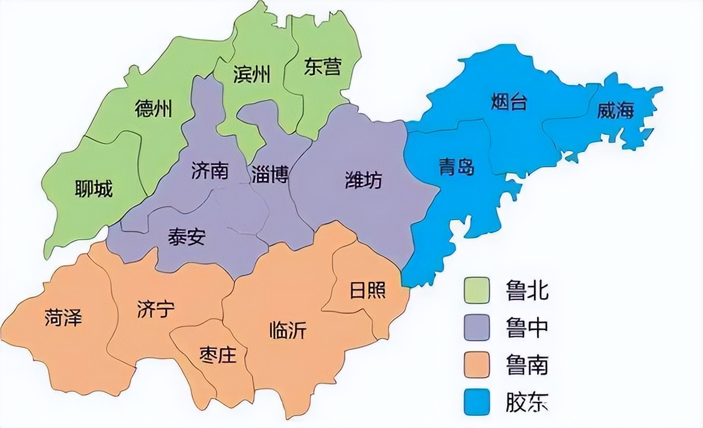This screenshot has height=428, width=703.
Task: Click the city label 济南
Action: [210, 171]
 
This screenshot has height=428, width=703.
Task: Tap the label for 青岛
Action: [456, 166]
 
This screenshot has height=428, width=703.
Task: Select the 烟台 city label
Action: [509, 102]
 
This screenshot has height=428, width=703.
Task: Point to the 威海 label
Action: [616, 111]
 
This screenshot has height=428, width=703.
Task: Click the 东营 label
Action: [322, 67]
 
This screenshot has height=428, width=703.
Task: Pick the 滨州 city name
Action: [252, 75]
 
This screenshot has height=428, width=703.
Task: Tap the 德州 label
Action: [153, 109]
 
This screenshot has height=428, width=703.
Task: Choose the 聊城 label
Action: [93, 189]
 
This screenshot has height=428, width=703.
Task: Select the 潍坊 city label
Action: [363, 180]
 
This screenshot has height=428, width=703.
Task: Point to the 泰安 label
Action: [187, 237]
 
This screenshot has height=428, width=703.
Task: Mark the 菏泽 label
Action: [63, 318]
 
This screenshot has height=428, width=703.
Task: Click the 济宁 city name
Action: [156, 310]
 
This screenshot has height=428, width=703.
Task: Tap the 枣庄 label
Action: [217, 355]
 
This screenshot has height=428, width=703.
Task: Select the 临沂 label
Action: [288, 330]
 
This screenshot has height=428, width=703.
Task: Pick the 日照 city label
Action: [367, 290]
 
